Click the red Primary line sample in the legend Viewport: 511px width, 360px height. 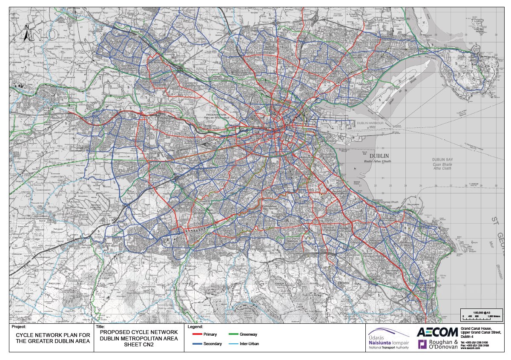(195, 334)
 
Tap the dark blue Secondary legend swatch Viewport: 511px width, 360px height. (195, 343)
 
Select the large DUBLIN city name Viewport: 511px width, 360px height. (371, 156)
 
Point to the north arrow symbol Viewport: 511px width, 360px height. (27, 34)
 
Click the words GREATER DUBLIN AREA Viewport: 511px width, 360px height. (53, 341)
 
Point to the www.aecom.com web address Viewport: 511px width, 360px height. (470, 348)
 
